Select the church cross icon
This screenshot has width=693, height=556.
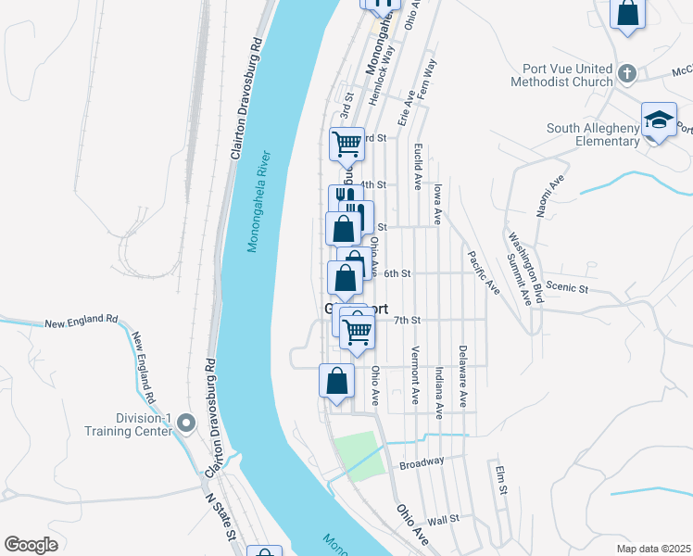click(x=626, y=73)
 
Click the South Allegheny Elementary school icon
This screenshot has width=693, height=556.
click(x=659, y=120)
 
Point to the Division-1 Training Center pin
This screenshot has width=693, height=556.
click(x=186, y=423)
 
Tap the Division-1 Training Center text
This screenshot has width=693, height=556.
click(x=131, y=423)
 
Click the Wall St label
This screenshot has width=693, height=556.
click(x=444, y=519)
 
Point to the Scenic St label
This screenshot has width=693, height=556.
click(x=567, y=288)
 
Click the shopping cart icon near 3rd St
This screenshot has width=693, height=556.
click(x=346, y=143)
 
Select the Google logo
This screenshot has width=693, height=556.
click(x=31, y=544)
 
